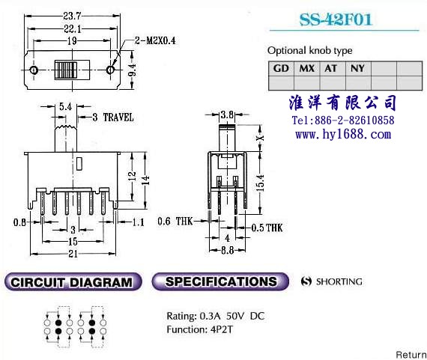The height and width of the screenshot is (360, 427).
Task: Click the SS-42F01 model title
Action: coord(336,19)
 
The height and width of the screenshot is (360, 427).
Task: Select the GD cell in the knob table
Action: coord(281,68)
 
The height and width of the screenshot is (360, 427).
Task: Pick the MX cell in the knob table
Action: coord(307,68)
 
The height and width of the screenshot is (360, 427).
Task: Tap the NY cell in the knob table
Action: coord(357,68)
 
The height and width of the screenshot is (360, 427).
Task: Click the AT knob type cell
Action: coord(331,68)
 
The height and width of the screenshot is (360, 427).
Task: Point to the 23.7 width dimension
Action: coord(72,16)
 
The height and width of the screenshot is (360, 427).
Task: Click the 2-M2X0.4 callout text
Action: coord(155,41)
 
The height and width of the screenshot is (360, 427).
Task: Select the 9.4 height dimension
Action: coord(132,70)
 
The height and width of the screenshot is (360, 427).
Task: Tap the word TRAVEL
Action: coord(118,118)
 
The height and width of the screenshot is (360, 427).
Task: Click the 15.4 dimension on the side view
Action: coord(260,183)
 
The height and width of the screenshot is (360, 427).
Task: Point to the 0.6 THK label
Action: coord(175,221)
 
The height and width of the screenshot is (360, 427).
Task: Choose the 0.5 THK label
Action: coord(267,228)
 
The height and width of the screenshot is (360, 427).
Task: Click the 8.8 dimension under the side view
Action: coord(228,250)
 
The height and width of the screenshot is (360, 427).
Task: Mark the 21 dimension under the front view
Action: coord(73,254)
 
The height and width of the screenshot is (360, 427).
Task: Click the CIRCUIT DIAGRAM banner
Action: coord(73,281)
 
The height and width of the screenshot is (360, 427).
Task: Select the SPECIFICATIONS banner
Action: coord(220,281)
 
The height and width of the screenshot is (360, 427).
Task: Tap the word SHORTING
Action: coord(339,281)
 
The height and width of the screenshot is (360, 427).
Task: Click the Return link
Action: coord(411,355)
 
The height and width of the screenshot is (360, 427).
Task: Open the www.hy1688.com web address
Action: coord(343,135)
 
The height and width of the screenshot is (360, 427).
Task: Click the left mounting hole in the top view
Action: coord(34,70)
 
